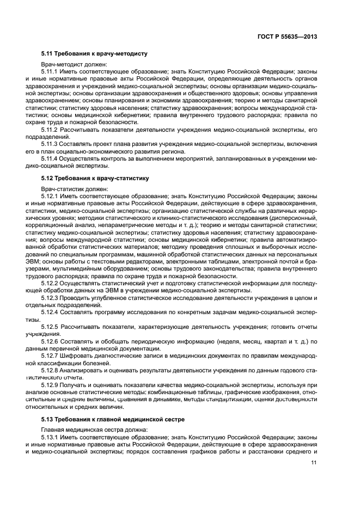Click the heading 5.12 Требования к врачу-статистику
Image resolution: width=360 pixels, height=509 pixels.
(96, 179)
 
